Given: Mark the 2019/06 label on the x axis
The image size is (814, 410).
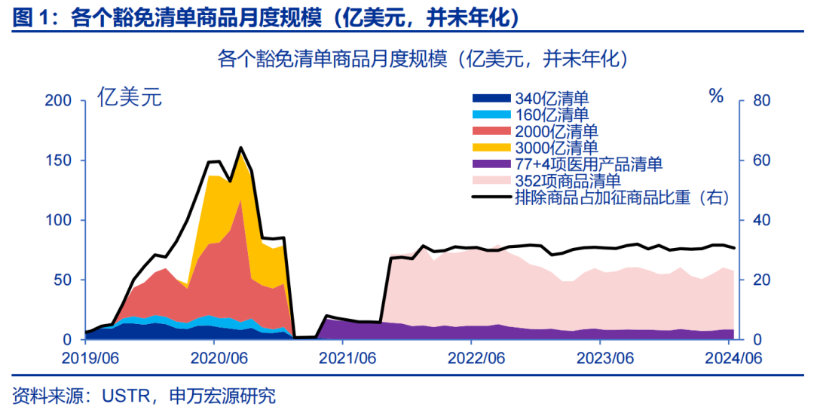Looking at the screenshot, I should click(85, 357).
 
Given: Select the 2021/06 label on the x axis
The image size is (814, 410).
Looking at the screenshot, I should click(347, 357).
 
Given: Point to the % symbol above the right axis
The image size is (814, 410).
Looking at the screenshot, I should click(716, 96).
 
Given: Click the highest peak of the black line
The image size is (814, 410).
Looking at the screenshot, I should click(240, 148).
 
